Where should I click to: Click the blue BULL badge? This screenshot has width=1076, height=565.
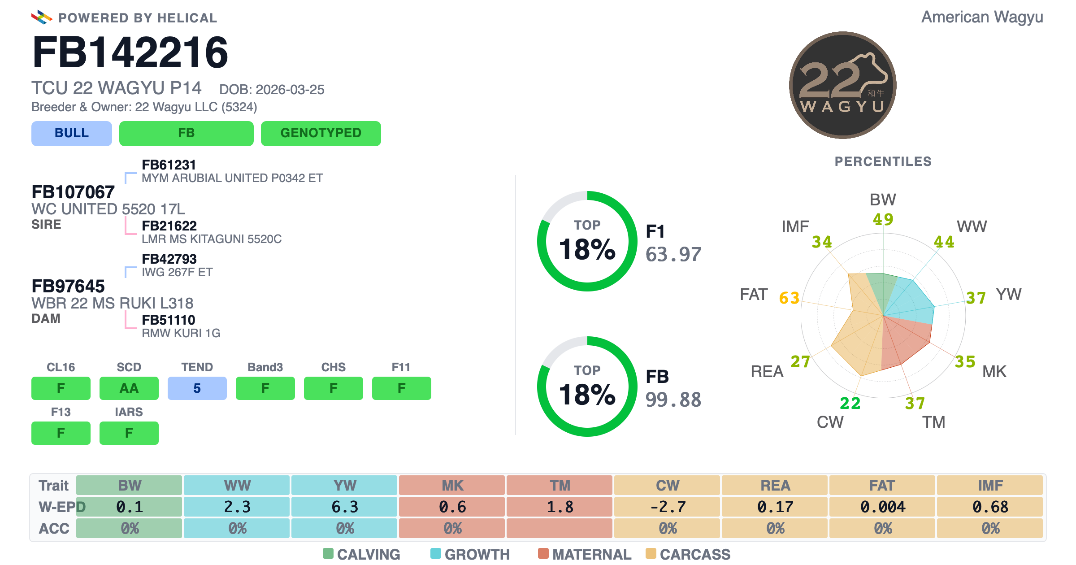(72, 133)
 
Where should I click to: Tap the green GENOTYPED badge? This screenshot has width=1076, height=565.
(321, 133)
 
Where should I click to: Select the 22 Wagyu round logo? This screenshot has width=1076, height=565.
(843, 85)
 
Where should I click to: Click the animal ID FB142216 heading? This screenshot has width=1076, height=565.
(130, 52)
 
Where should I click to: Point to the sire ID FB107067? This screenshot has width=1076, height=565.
(73, 192)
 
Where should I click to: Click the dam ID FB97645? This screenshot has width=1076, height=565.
(68, 286)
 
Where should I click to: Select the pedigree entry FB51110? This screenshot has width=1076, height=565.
(169, 320)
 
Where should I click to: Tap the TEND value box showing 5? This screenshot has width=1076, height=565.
(197, 388)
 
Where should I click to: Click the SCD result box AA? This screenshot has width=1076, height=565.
(129, 388)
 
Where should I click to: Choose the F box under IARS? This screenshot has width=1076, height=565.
(129, 433)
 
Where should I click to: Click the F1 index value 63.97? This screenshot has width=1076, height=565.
(673, 254)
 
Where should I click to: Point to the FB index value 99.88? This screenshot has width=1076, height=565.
(673, 400)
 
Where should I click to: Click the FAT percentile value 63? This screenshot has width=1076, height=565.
(789, 298)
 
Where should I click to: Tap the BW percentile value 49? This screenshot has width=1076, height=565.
(883, 219)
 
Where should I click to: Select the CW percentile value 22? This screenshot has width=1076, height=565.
(850, 403)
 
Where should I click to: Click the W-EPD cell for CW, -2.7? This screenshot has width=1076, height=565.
(668, 507)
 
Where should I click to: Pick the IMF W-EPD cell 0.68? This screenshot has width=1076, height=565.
(990, 507)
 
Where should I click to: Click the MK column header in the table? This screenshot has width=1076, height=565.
(452, 485)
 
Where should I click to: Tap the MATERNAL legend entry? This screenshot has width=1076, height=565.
(585, 554)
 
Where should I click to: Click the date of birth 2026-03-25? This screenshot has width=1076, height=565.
(290, 90)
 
